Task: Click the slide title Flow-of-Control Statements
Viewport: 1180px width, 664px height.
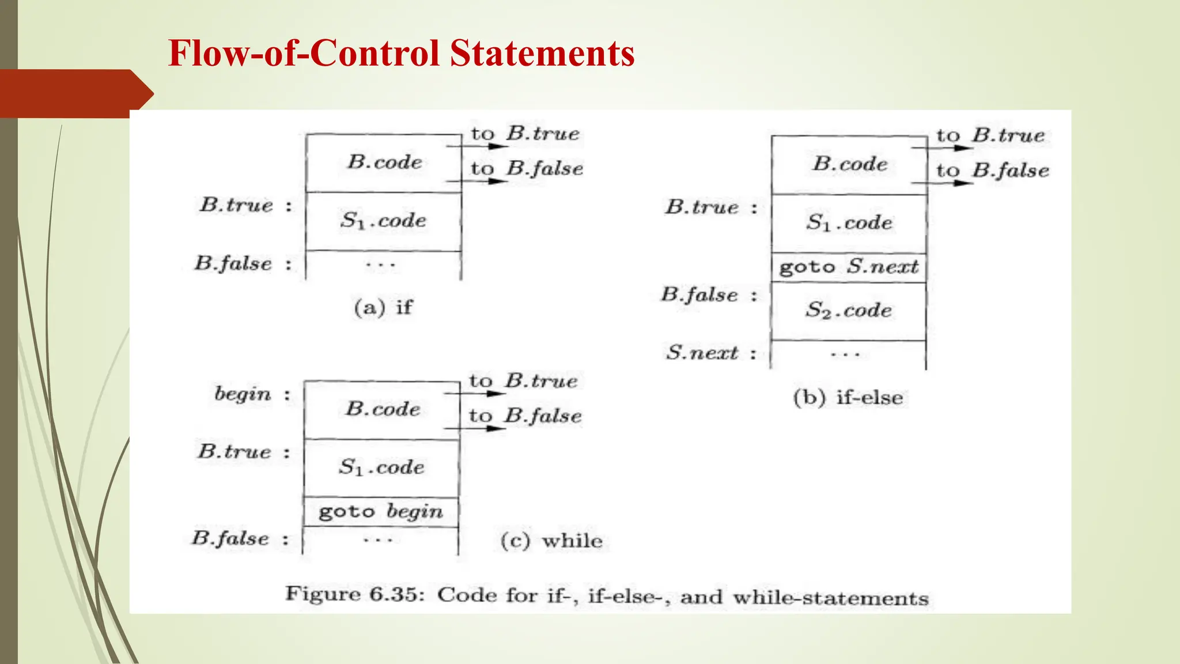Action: click(x=401, y=53)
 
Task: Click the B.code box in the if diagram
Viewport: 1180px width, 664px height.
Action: click(x=384, y=163)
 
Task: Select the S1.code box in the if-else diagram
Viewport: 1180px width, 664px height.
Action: click(x=849, y=223)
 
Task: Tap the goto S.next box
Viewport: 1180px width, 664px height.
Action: click(x=849, y=267)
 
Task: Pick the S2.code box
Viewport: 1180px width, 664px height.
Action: click(x=848, y=311)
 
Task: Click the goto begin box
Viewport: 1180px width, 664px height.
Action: click(x=381, y=512)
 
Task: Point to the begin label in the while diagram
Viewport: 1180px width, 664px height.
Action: click(x=243, y=394)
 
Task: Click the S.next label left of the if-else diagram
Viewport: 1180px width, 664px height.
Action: click(x=702, y=353)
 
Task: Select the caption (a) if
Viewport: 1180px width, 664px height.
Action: click(x=383, y=307)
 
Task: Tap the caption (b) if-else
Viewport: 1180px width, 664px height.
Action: click(x=848, y=398)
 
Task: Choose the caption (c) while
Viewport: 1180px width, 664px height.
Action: click(x=551, y=541)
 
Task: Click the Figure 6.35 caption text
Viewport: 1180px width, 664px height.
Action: click(x=607, y=596)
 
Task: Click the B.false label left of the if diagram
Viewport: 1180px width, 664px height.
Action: click(x=233, y=264)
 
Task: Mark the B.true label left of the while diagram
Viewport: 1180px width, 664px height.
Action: click(x=235, y=452)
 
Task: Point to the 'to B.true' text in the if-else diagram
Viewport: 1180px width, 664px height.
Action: click(x=990, y=136)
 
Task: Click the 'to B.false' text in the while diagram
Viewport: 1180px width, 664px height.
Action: click(x=525, y=416)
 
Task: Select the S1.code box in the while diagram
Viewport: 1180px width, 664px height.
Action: click(x=381, y=467)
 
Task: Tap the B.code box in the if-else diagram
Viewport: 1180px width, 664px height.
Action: click(x=850, y=165)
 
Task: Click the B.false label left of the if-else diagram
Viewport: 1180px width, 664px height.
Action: click(x=699, y=296)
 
